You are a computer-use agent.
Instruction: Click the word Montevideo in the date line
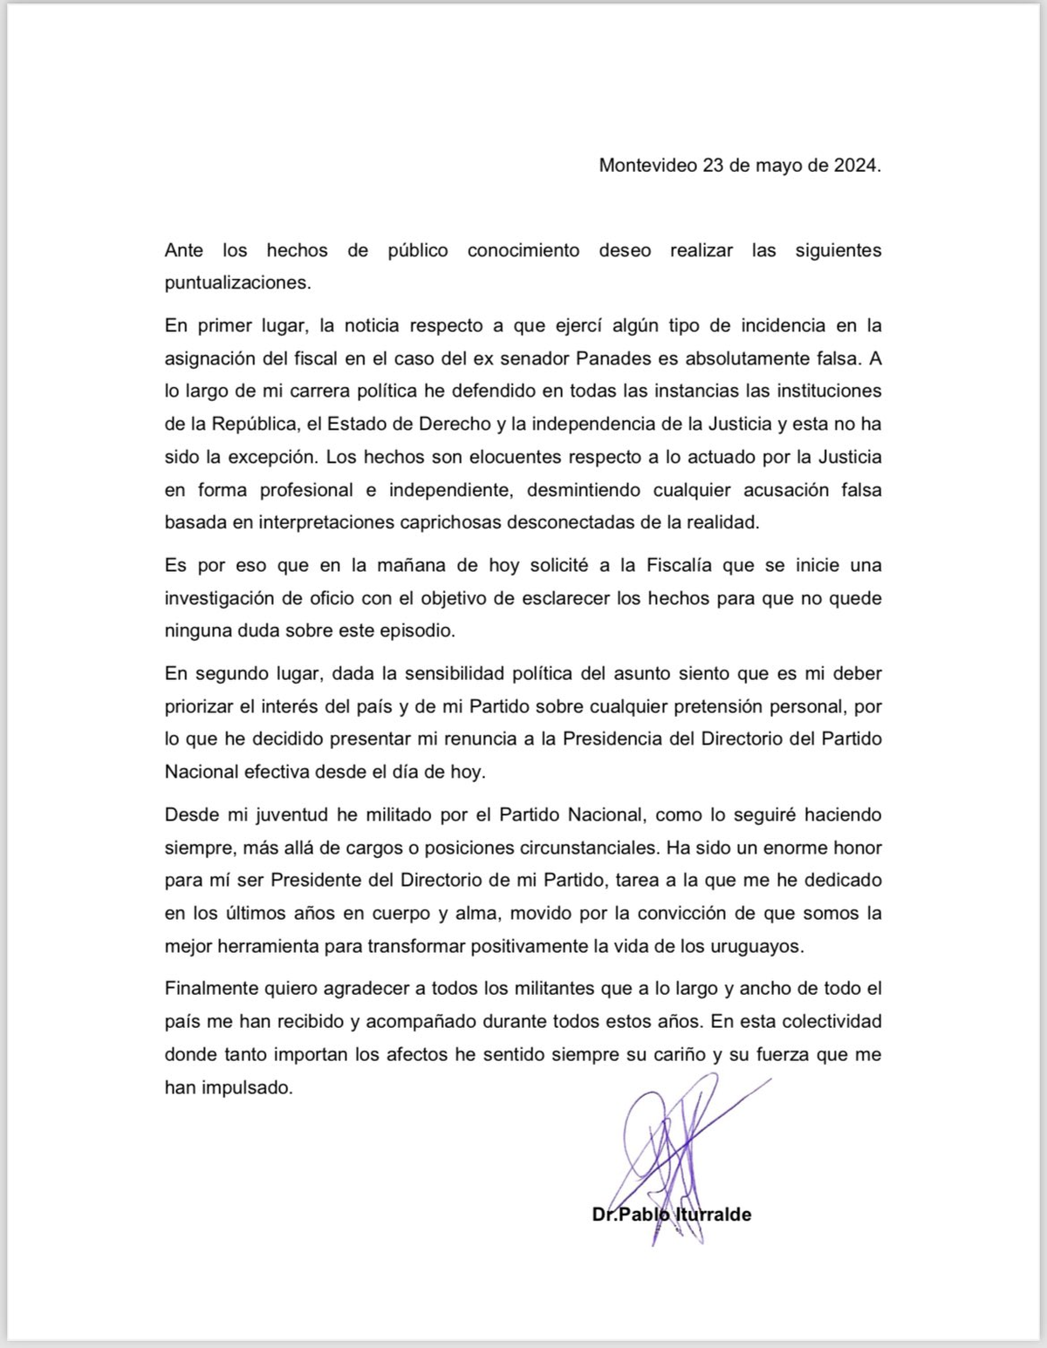(647, 165)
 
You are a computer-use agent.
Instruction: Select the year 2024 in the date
(856, 165)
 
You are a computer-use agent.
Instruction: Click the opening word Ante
(183, 250)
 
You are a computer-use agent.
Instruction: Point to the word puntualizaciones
(237, 283)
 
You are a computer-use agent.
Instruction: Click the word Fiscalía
(681, 565)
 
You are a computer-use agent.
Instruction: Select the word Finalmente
(212, 989)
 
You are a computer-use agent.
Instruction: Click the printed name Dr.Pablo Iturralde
(671, 1214)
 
